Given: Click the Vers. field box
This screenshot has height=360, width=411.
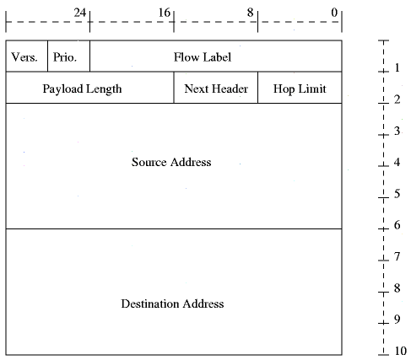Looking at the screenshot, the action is pos(27,56).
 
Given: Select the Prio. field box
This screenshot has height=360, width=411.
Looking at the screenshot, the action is pos(69,56).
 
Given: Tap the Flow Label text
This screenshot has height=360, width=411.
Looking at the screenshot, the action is pos(203,57).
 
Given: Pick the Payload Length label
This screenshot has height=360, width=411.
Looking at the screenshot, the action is pos(82,89).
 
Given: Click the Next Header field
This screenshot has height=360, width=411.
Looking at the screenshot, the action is pos(216,88).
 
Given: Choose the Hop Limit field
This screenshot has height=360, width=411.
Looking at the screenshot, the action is pos(300,88).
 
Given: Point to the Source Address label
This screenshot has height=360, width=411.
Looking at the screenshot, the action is pos(171,162).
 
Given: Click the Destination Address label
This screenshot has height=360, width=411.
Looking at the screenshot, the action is pos(172,304).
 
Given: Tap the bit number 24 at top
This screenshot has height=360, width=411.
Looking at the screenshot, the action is pos(80,13).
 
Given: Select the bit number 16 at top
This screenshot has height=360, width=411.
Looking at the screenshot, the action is pos(165,13).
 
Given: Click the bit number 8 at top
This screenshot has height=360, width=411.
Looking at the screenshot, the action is pos(251,13).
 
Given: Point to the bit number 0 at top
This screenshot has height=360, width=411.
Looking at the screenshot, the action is pos(334,13).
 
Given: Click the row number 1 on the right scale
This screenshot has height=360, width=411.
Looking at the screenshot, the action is pos(397,67).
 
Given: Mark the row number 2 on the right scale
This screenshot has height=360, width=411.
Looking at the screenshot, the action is pos(397,99).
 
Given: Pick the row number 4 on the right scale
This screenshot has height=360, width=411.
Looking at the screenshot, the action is pos(397,162).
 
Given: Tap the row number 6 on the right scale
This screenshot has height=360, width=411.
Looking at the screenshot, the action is pos(397,225).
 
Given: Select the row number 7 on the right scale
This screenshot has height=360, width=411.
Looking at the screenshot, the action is pos(397,256).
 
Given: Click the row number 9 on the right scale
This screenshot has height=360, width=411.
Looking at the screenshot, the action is pos(397,320).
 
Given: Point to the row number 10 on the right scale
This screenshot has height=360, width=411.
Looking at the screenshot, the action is pos(401,351).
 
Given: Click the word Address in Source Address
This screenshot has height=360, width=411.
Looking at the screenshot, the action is pos(191,162).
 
